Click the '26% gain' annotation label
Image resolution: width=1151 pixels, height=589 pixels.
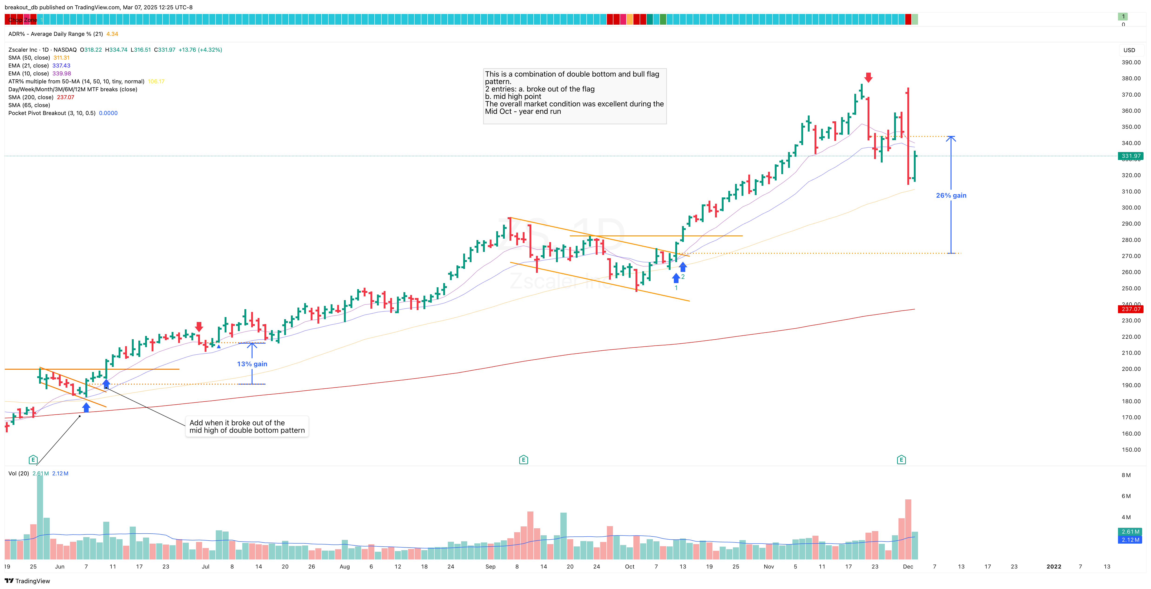951,195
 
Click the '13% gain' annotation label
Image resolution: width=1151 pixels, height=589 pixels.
252,364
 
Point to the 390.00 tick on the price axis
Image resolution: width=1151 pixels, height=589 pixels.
1131,62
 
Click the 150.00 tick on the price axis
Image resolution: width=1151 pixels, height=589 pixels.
1131,450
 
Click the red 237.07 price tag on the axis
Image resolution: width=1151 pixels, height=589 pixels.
1131,309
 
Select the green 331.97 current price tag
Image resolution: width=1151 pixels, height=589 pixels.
1131,156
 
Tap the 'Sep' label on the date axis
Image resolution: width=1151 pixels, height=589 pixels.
490,567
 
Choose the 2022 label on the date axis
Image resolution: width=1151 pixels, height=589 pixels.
1054,567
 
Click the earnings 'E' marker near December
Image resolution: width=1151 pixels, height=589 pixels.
901,460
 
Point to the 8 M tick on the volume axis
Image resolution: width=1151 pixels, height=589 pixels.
1126,475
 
